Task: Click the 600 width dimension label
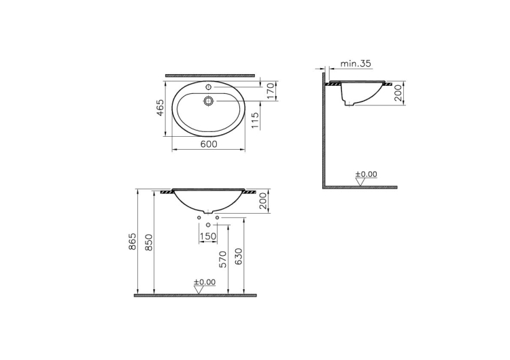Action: coord(209,144)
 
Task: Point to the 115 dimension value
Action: coord(255,120)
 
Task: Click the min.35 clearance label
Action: coord(356,63)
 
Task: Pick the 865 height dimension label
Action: coord(133,242)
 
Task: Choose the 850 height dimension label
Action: coord(148,242)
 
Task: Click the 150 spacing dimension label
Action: coord(208,236)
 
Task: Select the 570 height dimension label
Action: coord(223,259)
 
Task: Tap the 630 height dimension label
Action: coord(239,257)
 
